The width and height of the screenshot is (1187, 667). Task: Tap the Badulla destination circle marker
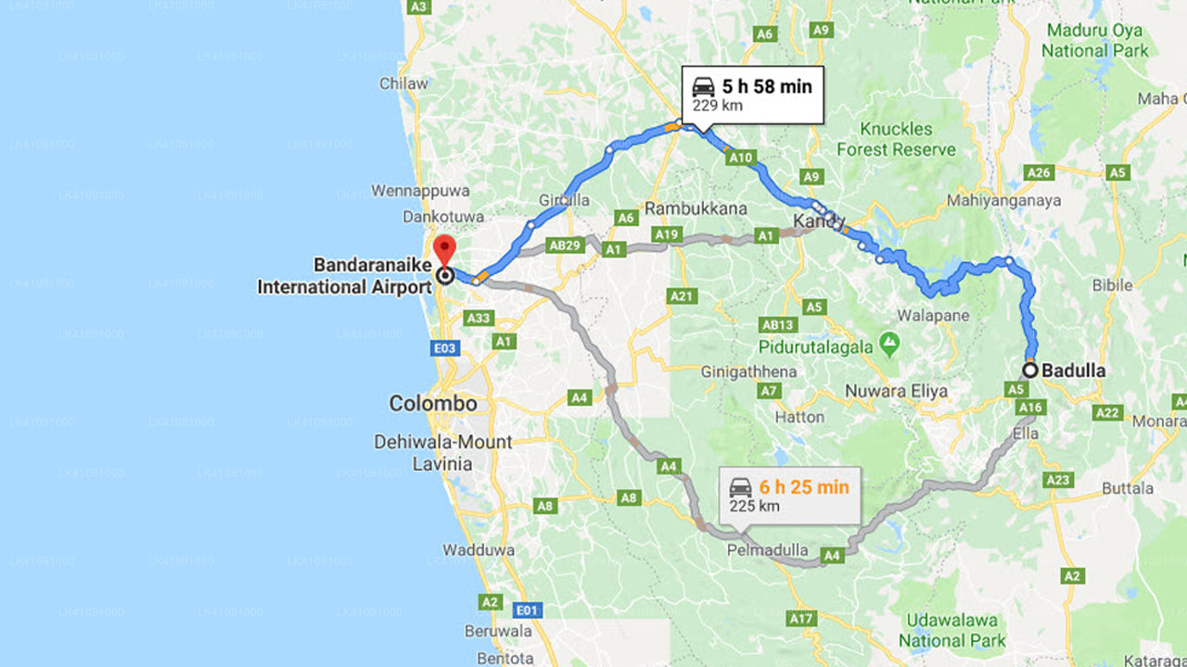click(1029, 370)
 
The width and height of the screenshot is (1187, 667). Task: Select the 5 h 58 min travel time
click(766, 87)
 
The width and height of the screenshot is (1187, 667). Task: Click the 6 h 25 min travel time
click(803, 487)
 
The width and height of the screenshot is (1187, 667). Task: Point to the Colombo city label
click(433, 404)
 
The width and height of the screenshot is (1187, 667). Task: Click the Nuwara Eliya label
click(896, 391)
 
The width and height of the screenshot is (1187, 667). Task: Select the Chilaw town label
click(403, 83)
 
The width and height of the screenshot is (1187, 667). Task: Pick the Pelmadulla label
click(768, 550)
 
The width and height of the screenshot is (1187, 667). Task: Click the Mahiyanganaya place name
click(1004, 201)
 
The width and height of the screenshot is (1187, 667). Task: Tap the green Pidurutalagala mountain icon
click(890, 346)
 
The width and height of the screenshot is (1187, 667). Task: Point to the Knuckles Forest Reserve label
click(896, 139)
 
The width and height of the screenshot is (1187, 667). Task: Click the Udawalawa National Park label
click(951, 630)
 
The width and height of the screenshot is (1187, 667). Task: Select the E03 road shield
click(444, 348)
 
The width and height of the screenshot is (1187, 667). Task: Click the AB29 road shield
click(565, 245)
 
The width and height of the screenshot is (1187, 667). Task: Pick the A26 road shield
click(1040, 172)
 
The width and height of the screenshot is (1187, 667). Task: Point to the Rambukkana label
click(696, 208)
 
